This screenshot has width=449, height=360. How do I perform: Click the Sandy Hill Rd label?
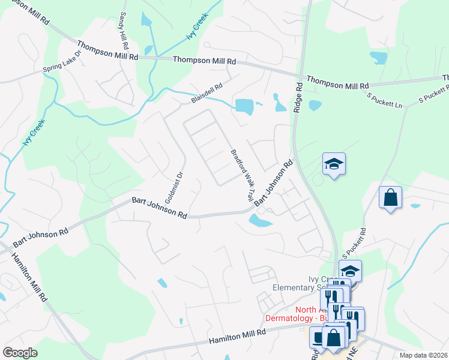[x=124, y=29]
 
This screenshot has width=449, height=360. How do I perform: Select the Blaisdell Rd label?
[x=207, y=94]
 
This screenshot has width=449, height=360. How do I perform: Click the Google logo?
[x=20, y=353]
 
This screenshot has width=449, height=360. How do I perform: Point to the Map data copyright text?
[x=423, y=355]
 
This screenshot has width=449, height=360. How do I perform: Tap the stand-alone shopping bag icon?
[x=390, y=197]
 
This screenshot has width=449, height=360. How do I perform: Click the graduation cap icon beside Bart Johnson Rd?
[x=334, y=163]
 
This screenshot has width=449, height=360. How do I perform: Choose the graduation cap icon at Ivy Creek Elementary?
[x=350, y=269]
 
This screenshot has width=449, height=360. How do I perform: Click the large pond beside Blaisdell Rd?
[x=244, y=106]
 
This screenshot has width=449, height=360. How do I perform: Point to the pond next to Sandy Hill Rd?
[x=146, y=19]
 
